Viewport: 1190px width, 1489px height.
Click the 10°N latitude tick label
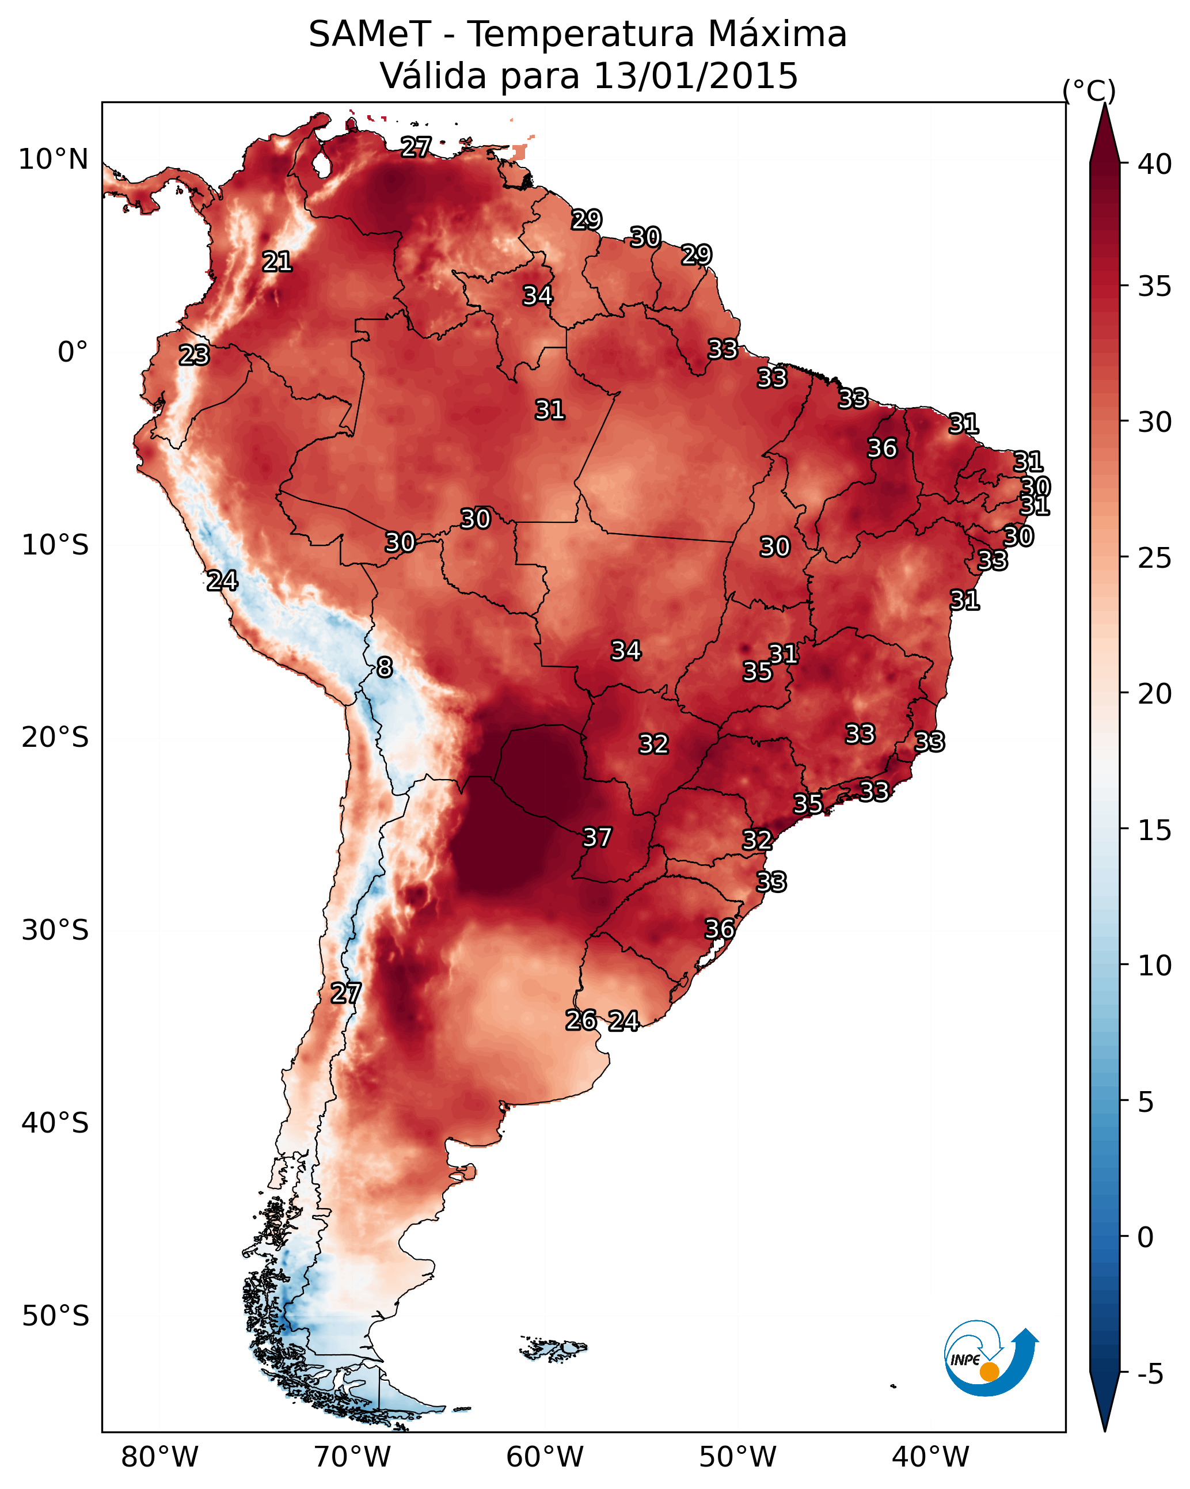pos(53,159)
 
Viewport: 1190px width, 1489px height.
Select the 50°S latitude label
pos(55,1316)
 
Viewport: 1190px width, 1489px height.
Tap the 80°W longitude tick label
pos(159,1457)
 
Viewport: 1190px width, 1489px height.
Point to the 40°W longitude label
pos(930,1457)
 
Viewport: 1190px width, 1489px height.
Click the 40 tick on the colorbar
pos(1155,164)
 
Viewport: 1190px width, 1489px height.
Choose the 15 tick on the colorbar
pos(1155,830)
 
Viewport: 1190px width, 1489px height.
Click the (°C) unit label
pos(1089,90)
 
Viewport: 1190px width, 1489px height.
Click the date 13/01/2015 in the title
pos(695,75)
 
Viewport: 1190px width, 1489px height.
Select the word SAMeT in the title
pos(370,34)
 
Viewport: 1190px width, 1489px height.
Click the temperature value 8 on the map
pos(385,667)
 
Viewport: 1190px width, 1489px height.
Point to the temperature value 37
pos(598,837)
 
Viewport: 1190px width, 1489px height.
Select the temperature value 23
pos(194,355)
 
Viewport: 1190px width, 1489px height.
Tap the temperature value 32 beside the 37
pos(653,744)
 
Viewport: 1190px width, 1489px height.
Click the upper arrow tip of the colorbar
pos(1104,104)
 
